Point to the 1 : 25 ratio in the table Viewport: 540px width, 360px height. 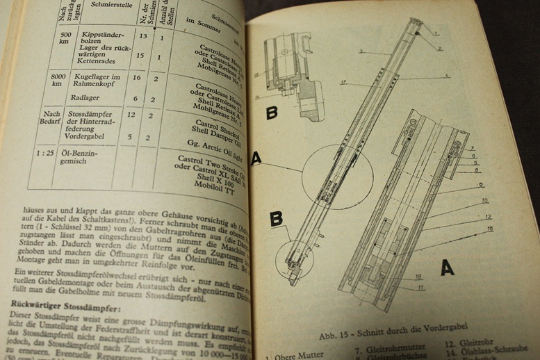46,152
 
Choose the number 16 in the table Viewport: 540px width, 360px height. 136,79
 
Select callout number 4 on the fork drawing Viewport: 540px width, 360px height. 446,75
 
